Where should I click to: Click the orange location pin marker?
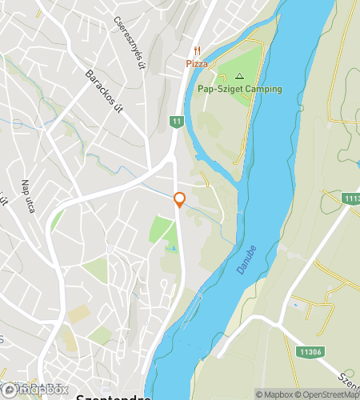point(180,200)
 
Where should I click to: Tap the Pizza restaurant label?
point(197,62)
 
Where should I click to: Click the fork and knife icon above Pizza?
point(197,50)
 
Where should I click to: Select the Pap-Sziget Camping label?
point(238,89)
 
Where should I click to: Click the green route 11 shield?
point(174,121)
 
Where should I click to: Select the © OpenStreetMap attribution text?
point(328,394)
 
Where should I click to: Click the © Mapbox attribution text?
point(274,394)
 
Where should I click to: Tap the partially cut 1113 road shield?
point(350,198)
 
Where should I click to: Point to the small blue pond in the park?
point(169,250)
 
